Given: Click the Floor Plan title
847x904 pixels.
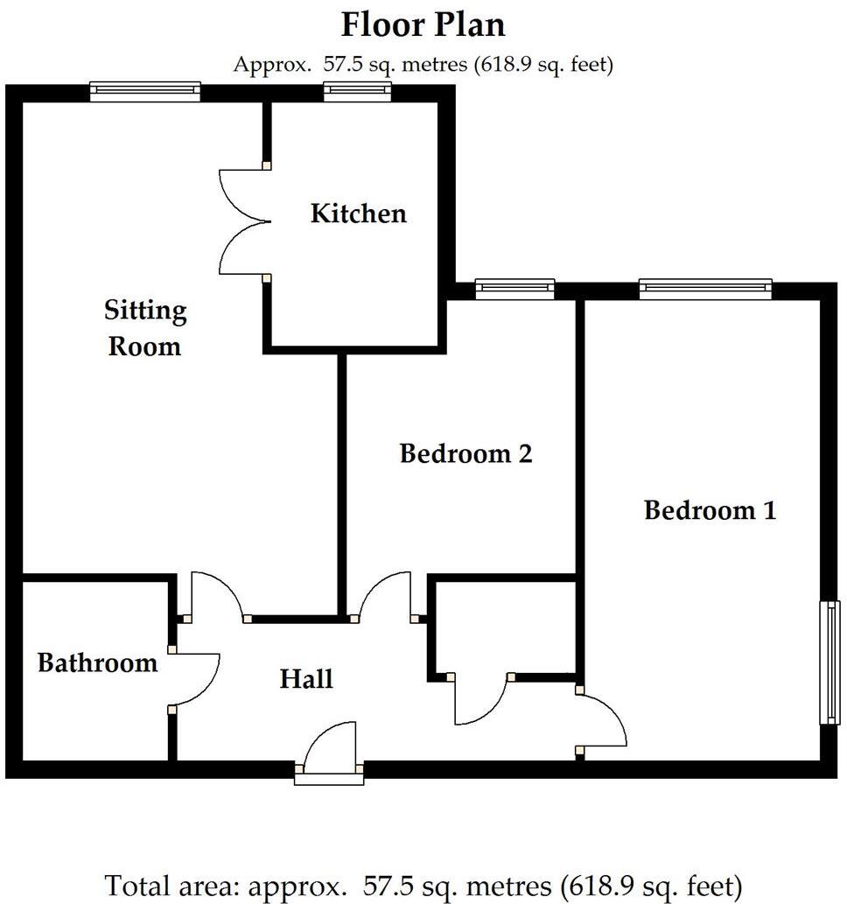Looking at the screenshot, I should (x=423, y=25).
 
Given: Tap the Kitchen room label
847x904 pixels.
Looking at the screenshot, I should (x=358, y=213).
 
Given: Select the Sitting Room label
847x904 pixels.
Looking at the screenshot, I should (x=144, y=328).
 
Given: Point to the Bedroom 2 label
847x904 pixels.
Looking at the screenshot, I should (x=465, y=453).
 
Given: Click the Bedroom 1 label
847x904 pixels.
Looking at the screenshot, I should (x=710, y=509).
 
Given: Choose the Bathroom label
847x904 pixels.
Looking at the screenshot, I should (x=97, y=662).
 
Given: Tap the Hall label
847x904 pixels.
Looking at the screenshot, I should (x=306, y=677).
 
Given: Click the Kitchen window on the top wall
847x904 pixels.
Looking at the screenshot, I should (x=356, y=91).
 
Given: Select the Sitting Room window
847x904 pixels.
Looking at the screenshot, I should (x=145, y=91).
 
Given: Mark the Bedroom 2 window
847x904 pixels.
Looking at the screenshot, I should (x=514, y=289).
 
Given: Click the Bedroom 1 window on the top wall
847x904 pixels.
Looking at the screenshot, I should (x=705, y=289).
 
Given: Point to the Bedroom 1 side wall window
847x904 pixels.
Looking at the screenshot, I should (x=829, y=662).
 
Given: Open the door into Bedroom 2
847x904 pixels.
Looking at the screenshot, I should (x=385, y=595).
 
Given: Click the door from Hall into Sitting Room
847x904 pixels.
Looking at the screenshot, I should (x=217, y=595).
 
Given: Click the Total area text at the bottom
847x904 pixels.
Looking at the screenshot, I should (x=423, y=885).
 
